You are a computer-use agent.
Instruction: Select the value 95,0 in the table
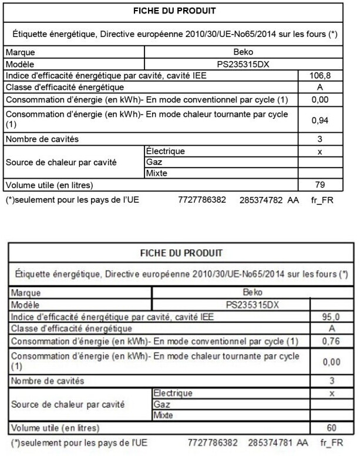[x=332, y=317]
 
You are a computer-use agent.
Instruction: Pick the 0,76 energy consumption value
[x=332, y=341]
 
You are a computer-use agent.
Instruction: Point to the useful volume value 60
[x=332, y=427]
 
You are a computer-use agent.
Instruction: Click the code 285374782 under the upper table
[x=261, y=200]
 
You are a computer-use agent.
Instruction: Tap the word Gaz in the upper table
[x=153, y=162]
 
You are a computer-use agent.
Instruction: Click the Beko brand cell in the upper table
[x=244, y=52]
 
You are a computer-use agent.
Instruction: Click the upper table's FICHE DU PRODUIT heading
[x=174, y=11]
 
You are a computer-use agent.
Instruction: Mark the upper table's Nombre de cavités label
[x=41, y=139]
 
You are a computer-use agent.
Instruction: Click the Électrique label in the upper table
[x=165, y=151]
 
